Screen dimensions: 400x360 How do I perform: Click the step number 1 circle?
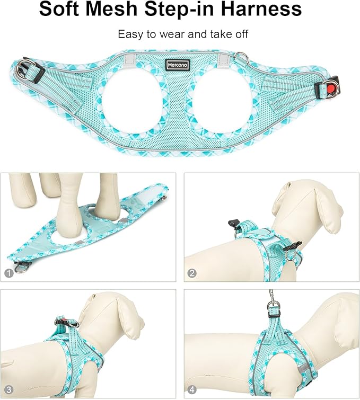[9, 273]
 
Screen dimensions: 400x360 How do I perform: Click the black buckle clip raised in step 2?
[233, 224]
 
